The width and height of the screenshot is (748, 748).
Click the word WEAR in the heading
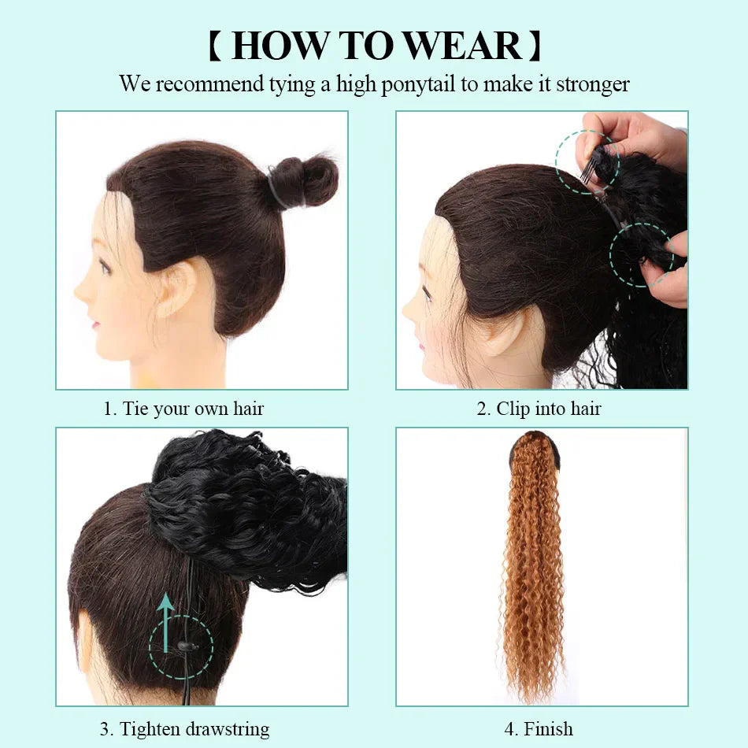coord(461,46)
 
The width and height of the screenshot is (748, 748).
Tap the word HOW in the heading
coord(276,46)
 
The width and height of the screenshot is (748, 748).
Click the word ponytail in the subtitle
coord(418,84)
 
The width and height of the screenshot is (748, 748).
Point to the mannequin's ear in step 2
coord(504,331)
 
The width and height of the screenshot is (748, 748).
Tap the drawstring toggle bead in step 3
coord(183,646)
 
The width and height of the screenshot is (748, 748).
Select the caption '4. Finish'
coord(539,729)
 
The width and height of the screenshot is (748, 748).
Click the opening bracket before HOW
coord(214,46)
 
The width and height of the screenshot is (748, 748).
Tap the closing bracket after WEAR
coord(535,46)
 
